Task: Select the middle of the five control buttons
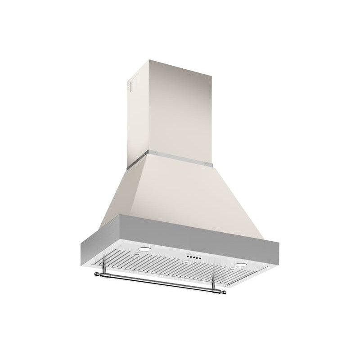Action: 193,258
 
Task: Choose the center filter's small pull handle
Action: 185,262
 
